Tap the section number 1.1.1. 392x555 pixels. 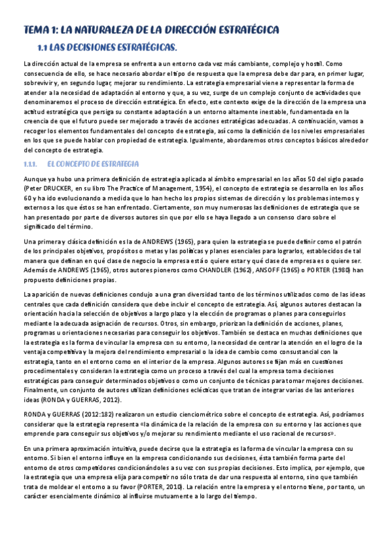[32, 163]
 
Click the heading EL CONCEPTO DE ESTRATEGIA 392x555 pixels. [94, 163]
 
